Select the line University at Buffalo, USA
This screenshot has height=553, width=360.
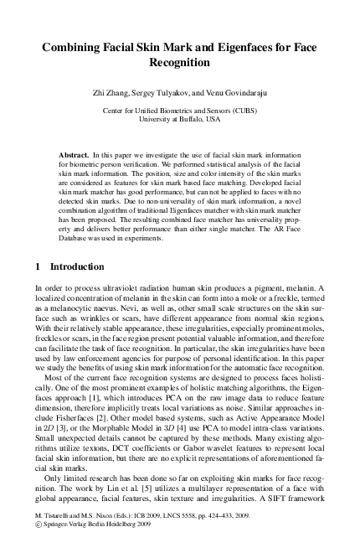(180, 120)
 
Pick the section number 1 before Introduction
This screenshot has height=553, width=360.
(39, 268)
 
